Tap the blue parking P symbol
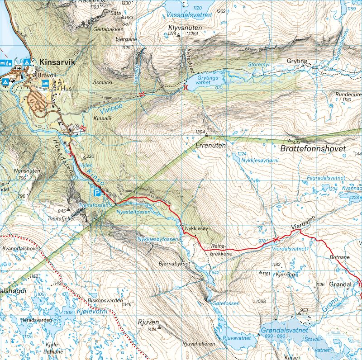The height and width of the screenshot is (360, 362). (x=97, y=193)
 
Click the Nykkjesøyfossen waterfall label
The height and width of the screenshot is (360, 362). (x=157, y=239)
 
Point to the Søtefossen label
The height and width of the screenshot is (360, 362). (x=226, y=303)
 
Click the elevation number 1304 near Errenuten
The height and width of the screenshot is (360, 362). (x=200, y=132)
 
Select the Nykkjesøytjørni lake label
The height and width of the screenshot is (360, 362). (x=257, y=161)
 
